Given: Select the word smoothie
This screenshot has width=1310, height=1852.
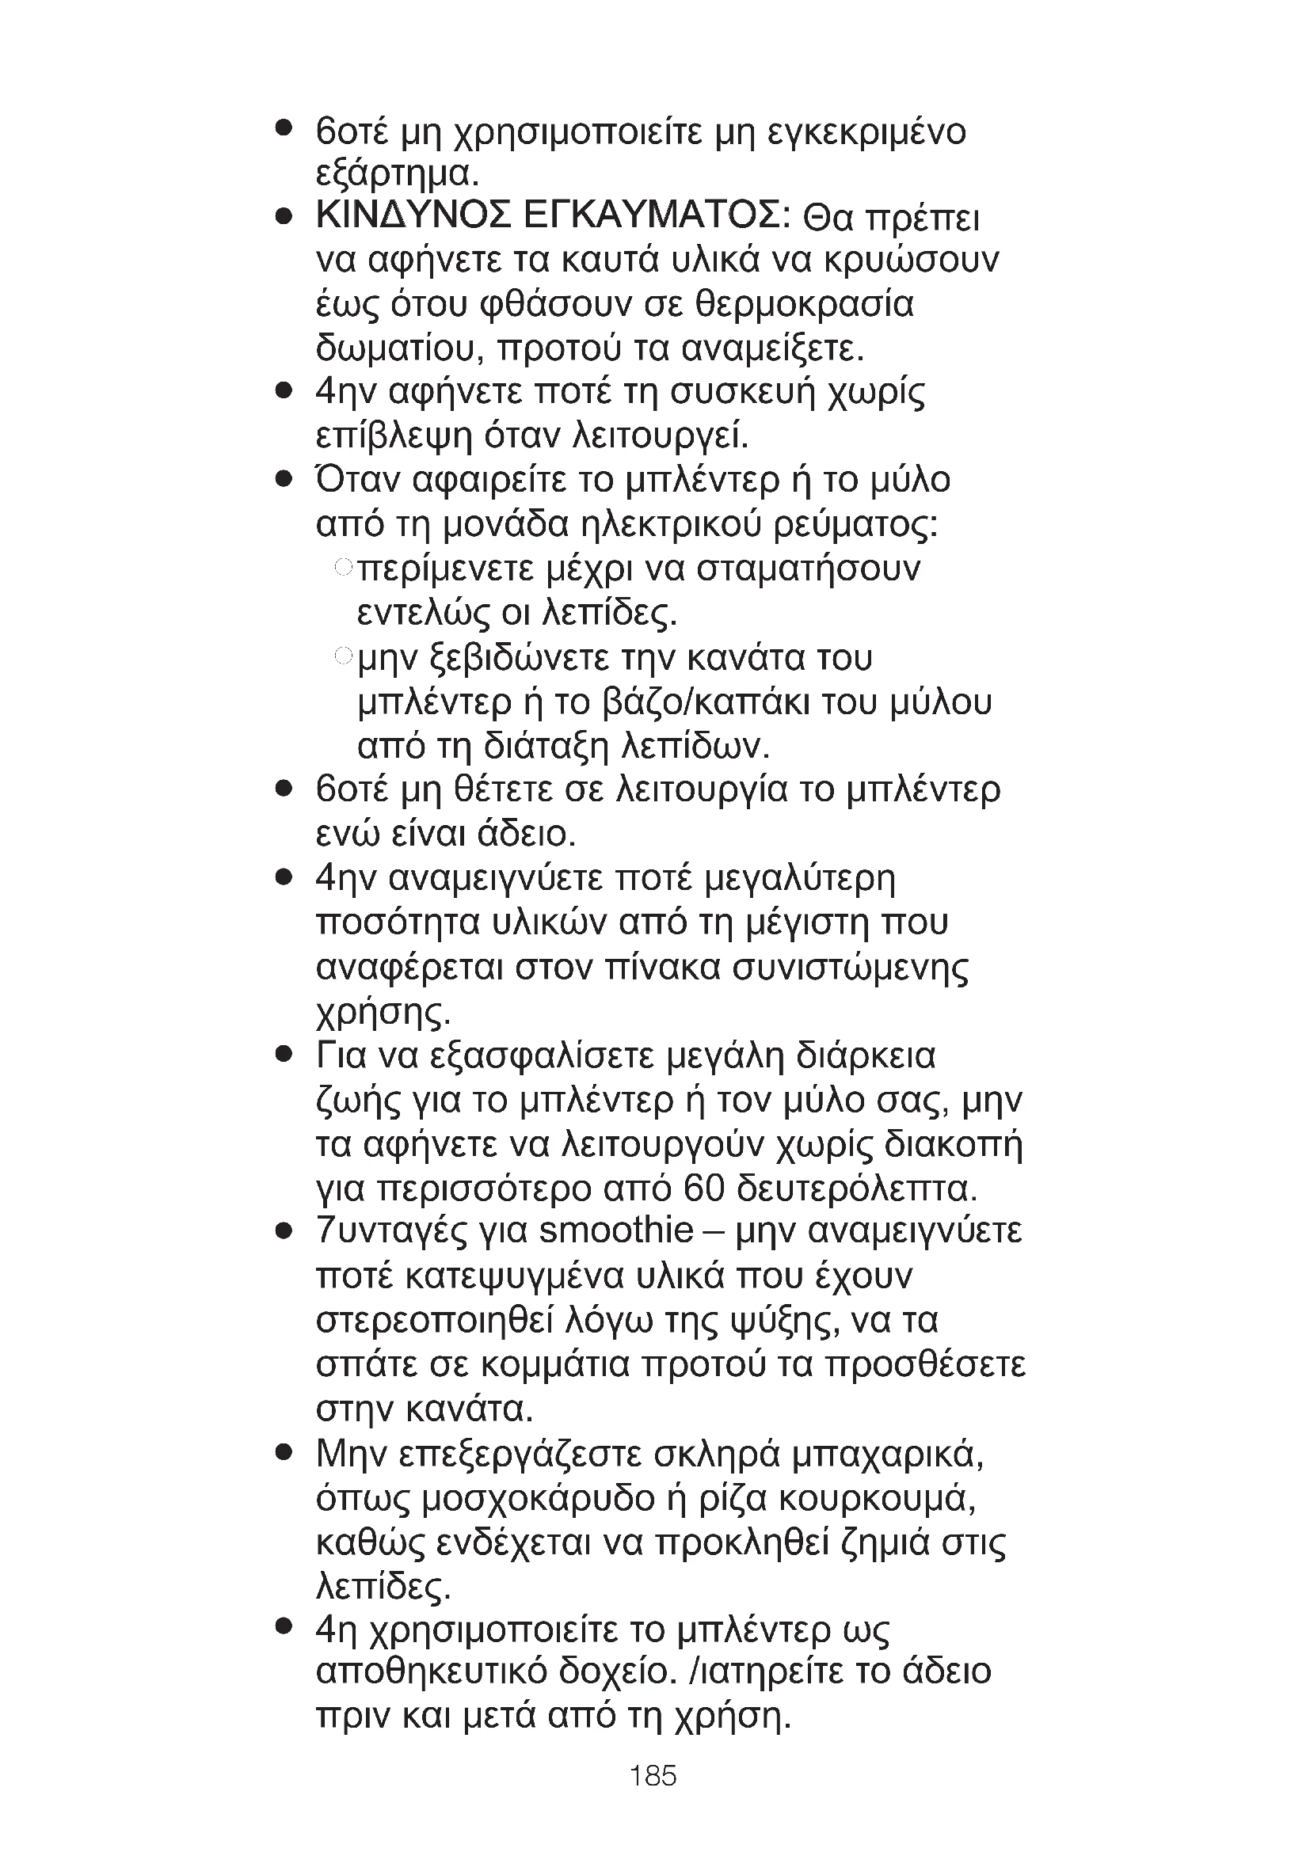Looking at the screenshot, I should pyautogui.click(x=615, y=1231).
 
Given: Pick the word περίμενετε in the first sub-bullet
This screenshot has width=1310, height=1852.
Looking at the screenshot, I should pyautogui.click(x=445, y=569).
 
